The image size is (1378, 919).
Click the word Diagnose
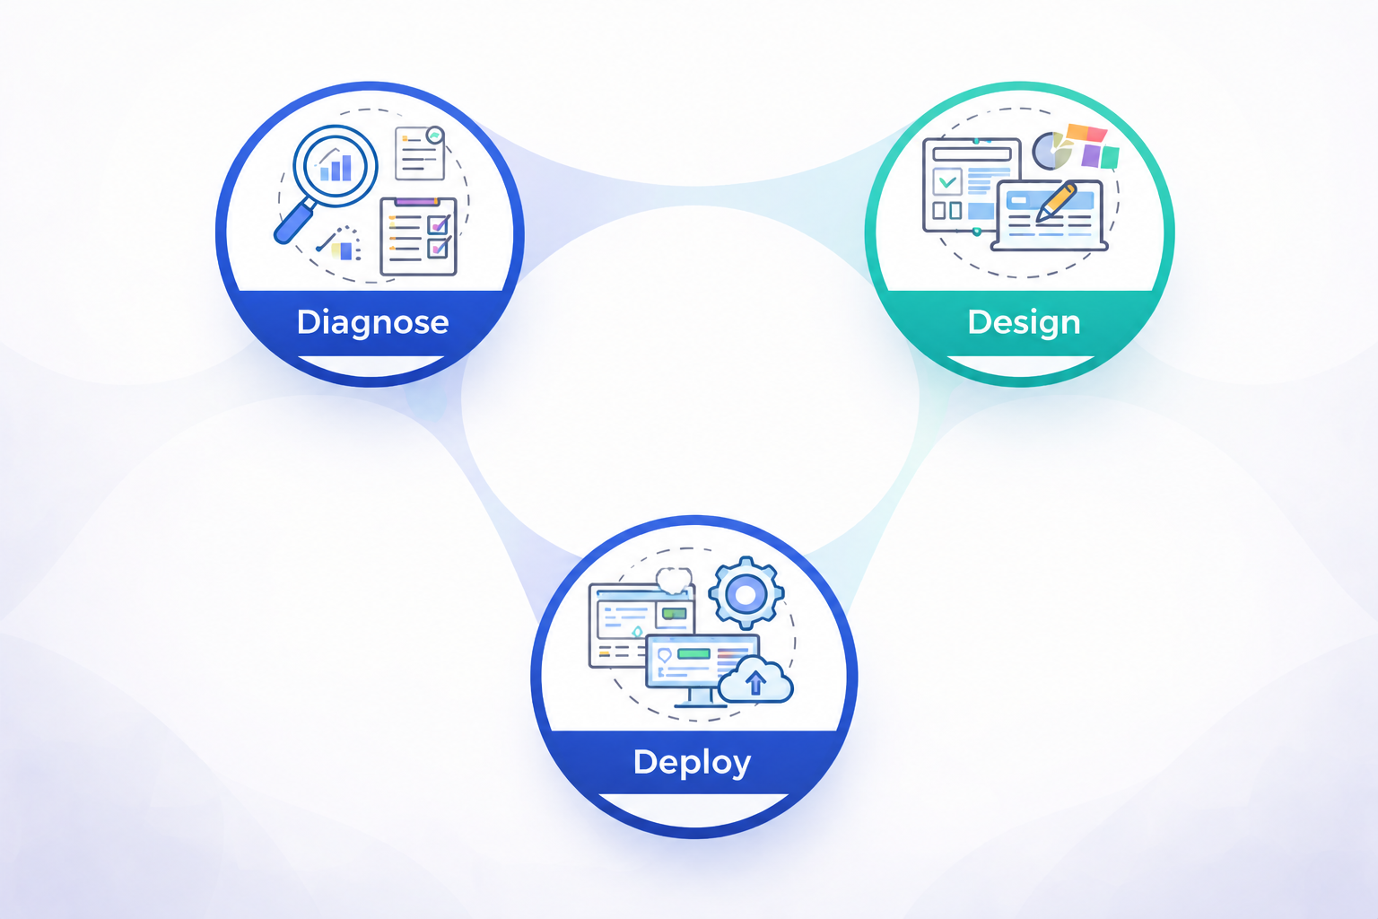(x=373, y=322)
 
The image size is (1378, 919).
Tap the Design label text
(x=1025, y=322)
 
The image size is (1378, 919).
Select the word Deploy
(x=692, y=763)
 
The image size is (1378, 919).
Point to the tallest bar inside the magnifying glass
(x=347, y=168)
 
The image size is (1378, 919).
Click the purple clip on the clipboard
(x=417, y=201)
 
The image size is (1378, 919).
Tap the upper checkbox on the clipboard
(x=438, y=224)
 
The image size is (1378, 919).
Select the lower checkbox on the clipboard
(x=438, y=248)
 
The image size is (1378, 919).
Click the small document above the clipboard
(x=421, y=153)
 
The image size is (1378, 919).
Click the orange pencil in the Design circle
(x=1056, y=202)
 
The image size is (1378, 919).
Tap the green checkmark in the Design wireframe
(x=947, y=181)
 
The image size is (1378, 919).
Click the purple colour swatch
(x=1091, y=156)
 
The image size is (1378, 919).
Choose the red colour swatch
(x=1097, y=134)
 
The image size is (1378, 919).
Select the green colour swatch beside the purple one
(x=1111, y=158)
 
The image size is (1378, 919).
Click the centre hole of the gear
(x=746, y=595)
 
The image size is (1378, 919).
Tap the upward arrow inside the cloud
(x=755, y=682)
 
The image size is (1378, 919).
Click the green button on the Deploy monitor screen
(x=693, y=653)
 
